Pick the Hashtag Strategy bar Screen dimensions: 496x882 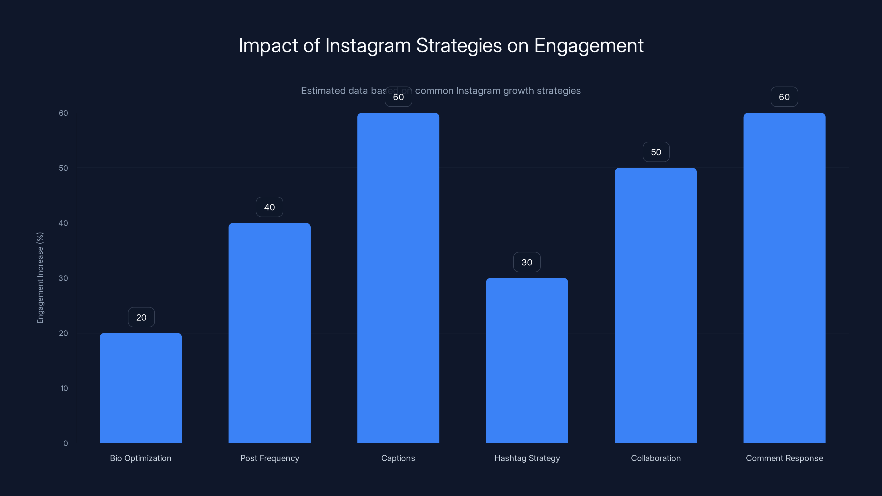pyautogui.click(x=527, y=360)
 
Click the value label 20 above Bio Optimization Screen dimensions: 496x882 pyautogui.click(x=141, y=317)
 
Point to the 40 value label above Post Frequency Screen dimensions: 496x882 pyautogui.click(x=270, y=207)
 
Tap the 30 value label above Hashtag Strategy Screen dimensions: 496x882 pyautogui.click(x=527, y=262)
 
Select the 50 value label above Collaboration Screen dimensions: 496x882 pyautogui.click(x=656, y=152)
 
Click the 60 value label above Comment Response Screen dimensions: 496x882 pyautogui.click(x=784, y=97)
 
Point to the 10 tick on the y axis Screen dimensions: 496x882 pyautogui.click(x=64, y=388)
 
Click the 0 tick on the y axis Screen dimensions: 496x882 pyautogui.click(x=65, y=443)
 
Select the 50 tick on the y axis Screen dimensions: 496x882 pyautogui.click(x=63, y=168)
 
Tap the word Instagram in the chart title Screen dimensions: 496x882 pyautogui.click(x=368, y=45)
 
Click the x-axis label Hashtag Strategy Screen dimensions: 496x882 pyautogui.click(x=527, y=458)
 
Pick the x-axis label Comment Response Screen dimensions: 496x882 pyautogui.click(x=784, y=458)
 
